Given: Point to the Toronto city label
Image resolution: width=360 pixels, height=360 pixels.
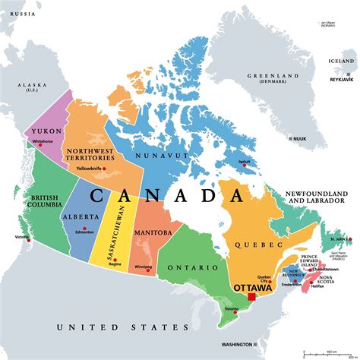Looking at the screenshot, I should (x=232, y=310).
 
